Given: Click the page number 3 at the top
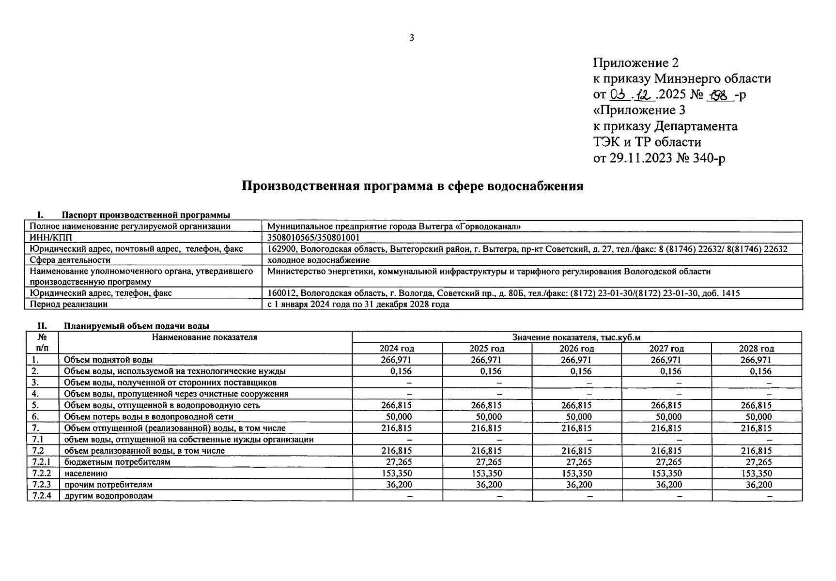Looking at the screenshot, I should click(412, 38).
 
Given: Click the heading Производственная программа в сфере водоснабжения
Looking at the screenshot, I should click(412, 186).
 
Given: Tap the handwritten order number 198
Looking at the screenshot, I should click(720, 94).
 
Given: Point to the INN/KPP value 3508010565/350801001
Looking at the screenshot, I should click(313, 237).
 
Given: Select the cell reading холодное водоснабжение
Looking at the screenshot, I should click(318, 260).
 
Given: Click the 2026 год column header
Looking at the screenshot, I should click(576, 349).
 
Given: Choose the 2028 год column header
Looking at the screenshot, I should click(756, 349).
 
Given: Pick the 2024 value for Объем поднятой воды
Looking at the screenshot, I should click(396, 360).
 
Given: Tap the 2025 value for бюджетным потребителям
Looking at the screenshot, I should click(486, 462).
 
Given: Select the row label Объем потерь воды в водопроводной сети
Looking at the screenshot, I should click(149, 416).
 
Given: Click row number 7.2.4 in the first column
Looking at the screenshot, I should click(42, 496).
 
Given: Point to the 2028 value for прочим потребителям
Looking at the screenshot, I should click(759, 485).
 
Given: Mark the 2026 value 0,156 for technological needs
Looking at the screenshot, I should click(581, 371).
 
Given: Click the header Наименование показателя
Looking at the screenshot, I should click(204, 337).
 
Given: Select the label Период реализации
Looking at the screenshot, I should click(69, 305).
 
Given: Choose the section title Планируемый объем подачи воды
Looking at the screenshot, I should click(137, 326).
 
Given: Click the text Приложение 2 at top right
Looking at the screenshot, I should click(635, 63).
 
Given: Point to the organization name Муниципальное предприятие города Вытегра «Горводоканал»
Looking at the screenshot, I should click(394, 226).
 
